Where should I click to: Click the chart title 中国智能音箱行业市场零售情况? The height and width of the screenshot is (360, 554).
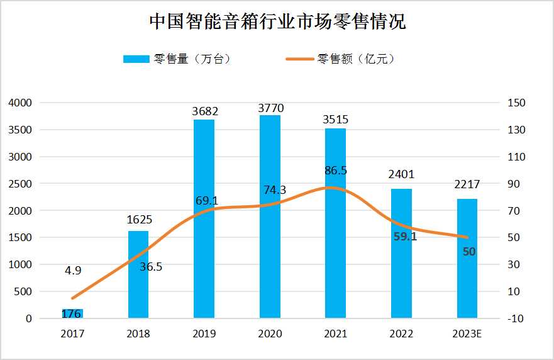(x=277, y=23)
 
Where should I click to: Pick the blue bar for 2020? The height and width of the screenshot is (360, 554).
(x=270, y=217)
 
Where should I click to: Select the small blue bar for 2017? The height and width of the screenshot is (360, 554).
(x=72, y=313)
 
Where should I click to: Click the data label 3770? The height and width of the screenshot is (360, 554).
(x=270, y=108)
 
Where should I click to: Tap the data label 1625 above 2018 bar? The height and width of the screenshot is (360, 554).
(x=138, y=220)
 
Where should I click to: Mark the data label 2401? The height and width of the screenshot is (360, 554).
(x=402, y=174)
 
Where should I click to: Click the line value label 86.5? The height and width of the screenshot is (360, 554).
(x=335, y=171)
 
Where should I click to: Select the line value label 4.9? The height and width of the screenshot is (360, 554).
(x=73, y=271)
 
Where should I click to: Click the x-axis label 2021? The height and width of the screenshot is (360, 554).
(x=336, y=334)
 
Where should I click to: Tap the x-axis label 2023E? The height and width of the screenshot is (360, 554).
(x=467, y=334)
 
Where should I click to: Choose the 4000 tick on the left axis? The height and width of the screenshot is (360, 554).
(x=20, y=103)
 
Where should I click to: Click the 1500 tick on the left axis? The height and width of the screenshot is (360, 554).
(x=20, y=238)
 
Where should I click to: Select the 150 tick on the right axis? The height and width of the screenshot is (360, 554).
(x=516, y=103)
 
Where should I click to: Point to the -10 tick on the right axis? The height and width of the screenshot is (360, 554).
(x=516, y=319)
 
